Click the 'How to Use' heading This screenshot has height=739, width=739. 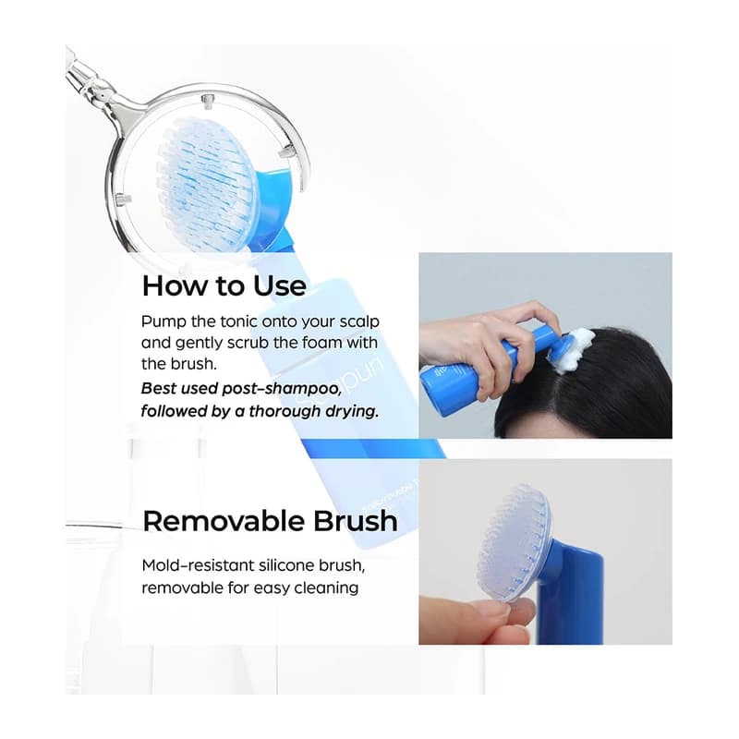point(224,285)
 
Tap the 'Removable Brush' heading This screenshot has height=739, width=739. point(270,521)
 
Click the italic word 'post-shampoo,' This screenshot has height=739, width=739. point(282,389)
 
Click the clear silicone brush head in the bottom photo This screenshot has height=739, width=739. point(514,542)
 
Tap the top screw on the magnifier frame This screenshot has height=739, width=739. point(207,100)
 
